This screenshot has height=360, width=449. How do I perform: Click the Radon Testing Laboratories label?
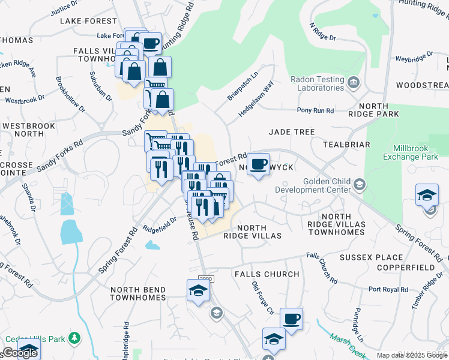coord(316,83)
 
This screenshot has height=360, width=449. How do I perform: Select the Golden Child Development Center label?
coord(313,186)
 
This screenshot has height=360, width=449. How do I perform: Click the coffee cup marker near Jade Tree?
coord(259,164)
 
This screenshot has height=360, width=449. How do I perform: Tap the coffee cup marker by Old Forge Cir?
coord(291,319)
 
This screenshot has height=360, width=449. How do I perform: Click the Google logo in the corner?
coord(19,353)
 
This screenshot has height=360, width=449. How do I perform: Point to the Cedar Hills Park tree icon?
coord(75,339)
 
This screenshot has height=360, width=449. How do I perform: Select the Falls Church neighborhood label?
coord(267,274)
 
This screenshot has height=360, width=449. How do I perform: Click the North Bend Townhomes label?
coord(137,293)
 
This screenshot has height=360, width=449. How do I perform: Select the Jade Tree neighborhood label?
coord(292,131)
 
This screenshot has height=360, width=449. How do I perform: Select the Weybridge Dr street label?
coord(414,58)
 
